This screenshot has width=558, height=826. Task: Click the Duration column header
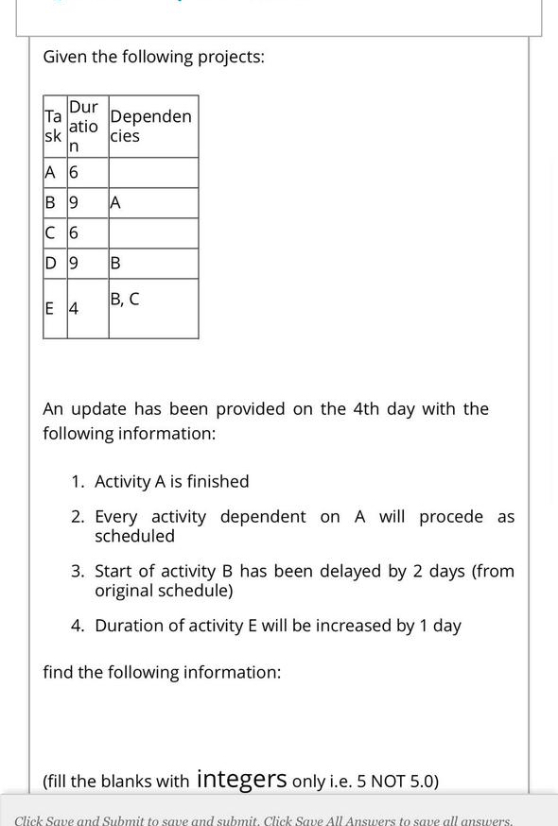pyautogui.click(x=84, y=126)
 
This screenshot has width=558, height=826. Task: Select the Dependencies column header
pyautogui.click(x=150, y=126)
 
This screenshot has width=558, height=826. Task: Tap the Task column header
pyautogui.click(x=53, y=126)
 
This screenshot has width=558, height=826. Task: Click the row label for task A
pyautogui.click(x=50, y=172)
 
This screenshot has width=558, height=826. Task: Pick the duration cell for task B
pyautogui.click(x=74, y=202)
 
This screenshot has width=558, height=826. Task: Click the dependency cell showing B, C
pyautogui.click(x=125, y=299)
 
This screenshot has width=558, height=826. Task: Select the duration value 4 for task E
pyautogui.click(x=74, y=308)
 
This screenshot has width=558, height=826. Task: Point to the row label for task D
pyautogui.click(x=50, y=263)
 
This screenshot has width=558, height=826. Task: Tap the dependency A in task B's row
pyautogui.click(x=115, y=202)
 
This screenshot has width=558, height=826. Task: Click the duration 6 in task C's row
pyautogui.click(x=74, y=232)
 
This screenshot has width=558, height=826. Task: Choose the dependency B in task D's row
pyautogui.click(x=115, y=263)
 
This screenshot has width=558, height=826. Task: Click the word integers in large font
pyautogui.click(x=241, y=779)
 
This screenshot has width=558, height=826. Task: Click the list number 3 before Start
pyautogui.click(x=77, y=571)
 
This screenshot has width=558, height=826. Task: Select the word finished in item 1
pyautogui.click(x=218, y=481)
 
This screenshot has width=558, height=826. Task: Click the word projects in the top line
pyautogui.click(x=231, y=57)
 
